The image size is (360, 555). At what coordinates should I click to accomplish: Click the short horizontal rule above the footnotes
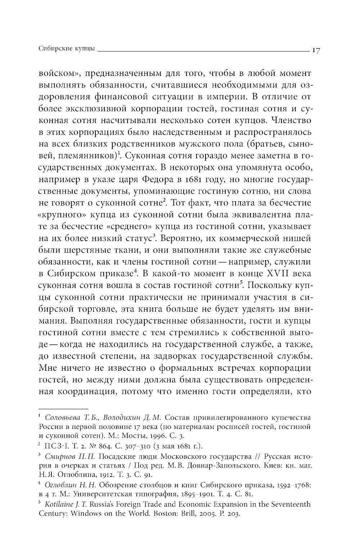63,409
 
